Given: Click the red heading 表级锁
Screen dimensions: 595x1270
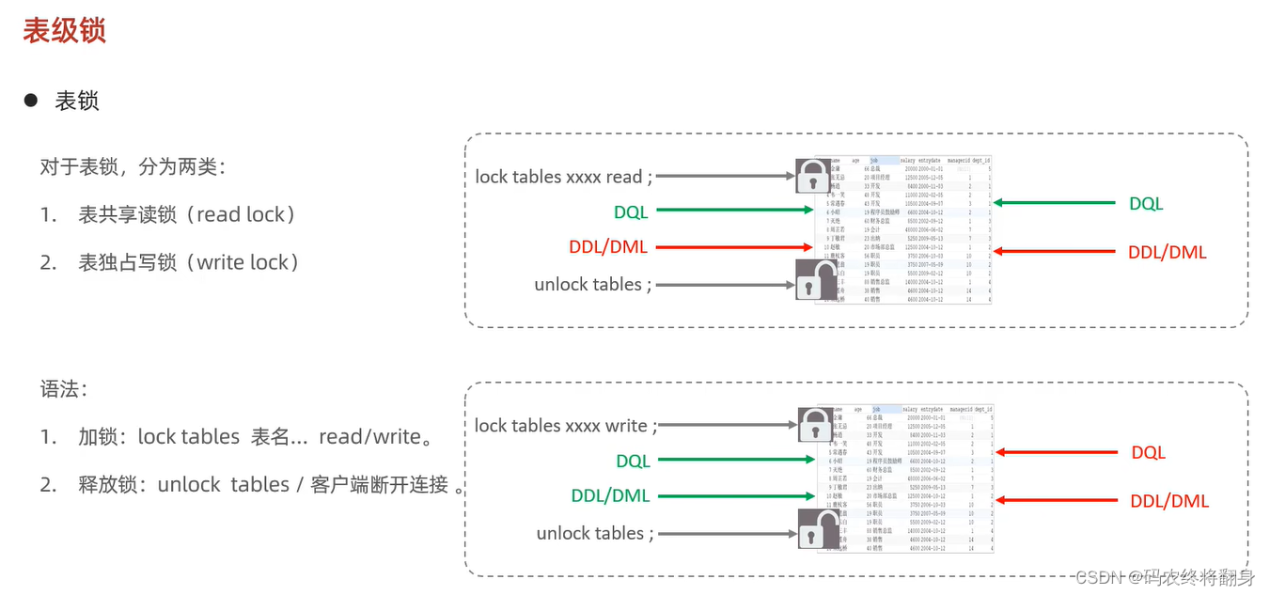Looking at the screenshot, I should tap(64, 30).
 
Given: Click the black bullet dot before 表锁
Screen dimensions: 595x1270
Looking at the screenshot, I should tap(31, 100).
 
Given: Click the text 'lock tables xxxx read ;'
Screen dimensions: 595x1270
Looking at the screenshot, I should tap(563, 177).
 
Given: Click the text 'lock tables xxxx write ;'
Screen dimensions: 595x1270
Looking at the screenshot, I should tap(565, 426).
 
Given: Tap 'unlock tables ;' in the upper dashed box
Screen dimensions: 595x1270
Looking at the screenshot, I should tap(592, 284).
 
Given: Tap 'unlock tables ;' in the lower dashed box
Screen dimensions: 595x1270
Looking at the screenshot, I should tap(594, 533).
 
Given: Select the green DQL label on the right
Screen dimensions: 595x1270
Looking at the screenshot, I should tap(1145, 203).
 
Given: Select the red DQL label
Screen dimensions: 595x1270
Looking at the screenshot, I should tap(1148, 452).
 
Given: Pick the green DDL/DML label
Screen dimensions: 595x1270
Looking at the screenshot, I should tap(610, 495).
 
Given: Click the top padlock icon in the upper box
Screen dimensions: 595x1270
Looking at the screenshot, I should tap(813, 176).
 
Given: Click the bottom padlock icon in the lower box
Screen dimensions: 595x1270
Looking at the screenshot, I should tap(816, 530).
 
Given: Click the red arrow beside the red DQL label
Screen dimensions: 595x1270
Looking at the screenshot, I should tap(1043, 452).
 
